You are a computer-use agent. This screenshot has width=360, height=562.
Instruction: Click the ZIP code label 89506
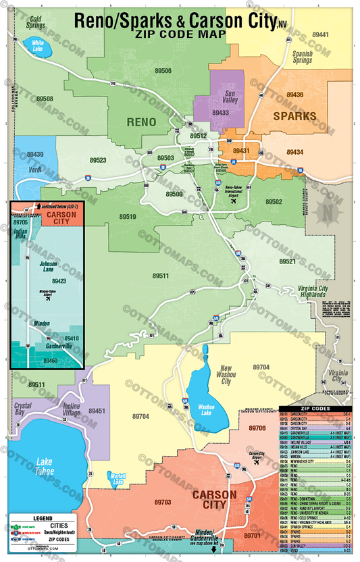(163, 70)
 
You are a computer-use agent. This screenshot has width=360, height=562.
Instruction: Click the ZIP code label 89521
(288, 261)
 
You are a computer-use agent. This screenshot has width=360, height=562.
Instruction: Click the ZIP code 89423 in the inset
(57, 281)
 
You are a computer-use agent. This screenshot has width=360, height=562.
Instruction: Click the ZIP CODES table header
(316, 409)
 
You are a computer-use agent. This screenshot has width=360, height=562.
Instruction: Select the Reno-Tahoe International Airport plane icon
(234, 201)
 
